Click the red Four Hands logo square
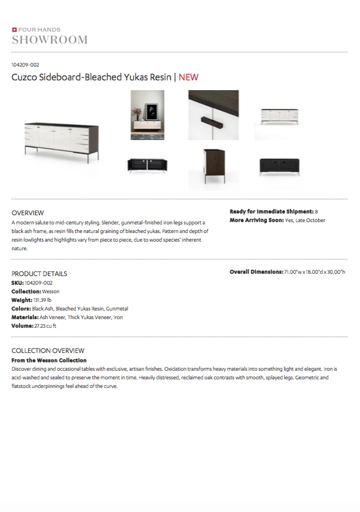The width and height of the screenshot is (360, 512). pyautogui.click(x=14, y=29)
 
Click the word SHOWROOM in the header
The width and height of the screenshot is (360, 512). pyautogui.click(x=50, y=40)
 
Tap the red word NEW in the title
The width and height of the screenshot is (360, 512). pyautogui.click(x=188, y=77)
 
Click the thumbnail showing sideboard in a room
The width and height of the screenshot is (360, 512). pyautogui.click(x=148, y=115)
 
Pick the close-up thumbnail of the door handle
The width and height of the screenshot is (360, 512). pyautogui.click(x=213, y=115)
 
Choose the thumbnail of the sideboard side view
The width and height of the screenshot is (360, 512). pyautogui.click(x=213, y=166)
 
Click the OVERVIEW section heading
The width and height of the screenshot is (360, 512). pyautogui.click(x=28, y=212)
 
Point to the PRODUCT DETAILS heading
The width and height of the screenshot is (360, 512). pyautogui.click(x=39, y=274)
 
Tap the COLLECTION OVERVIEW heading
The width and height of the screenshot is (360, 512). pyautogui.click(x=48, y=351)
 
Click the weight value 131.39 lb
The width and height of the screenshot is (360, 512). pyautogui.click(x=42, y=300)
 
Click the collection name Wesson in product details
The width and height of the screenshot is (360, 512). pyautogui.click(x=51, y=292)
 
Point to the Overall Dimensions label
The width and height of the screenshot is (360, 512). pyautogui.click(x=256, y=272)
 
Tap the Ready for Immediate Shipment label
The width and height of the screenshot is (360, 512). pyautogui.click(x=271, y=212)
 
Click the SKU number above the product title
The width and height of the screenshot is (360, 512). pyautogui.click(x=25, y=65)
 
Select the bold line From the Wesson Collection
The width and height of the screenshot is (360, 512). pyautogui.click(x=49, y=360)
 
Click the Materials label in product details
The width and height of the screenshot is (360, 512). pyautogui.click(x=25, y=317)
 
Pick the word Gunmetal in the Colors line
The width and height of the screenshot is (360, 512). pyautogui.click(x=117, y=309)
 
